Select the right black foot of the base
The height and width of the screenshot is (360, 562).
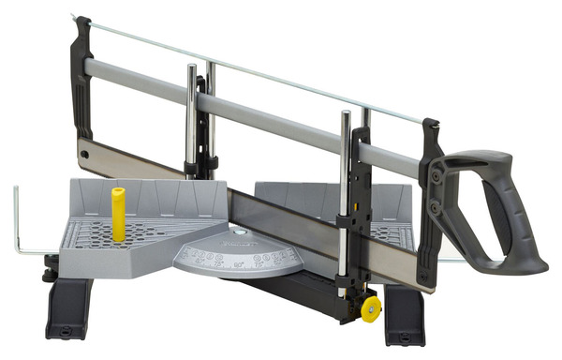(405, 313)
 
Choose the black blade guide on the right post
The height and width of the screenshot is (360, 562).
(359, 187)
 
